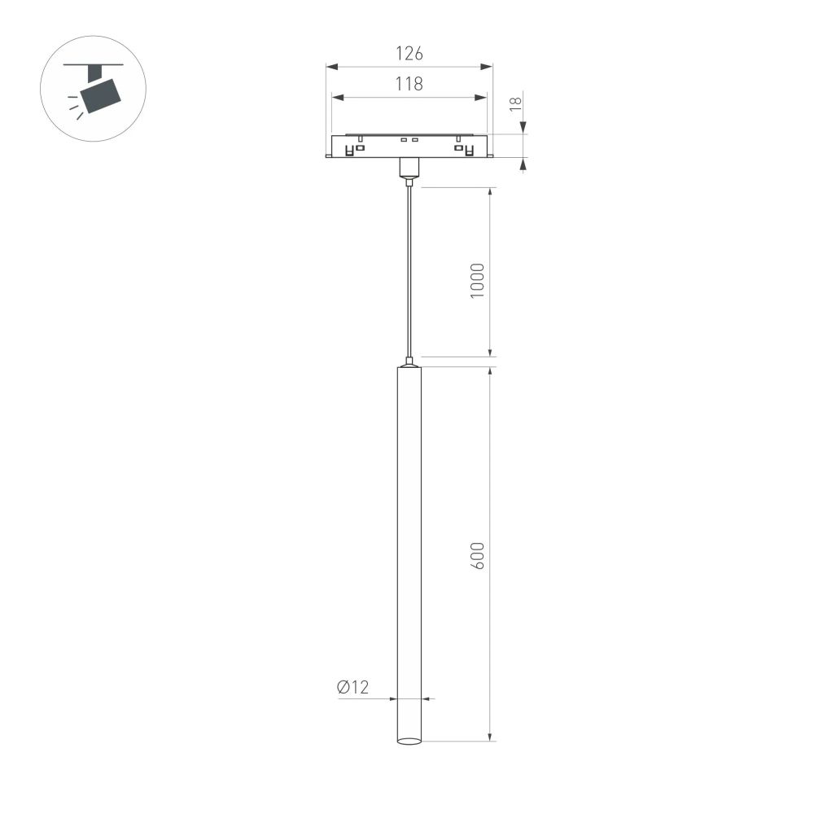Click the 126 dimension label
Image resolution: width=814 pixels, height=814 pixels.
click(x=409, y=55)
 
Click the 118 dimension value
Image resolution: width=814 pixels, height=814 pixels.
click(x=409, y=84)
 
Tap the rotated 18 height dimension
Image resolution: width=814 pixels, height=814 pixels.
click(x=514, y=104)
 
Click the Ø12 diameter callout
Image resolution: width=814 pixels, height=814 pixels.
click(x=352, y=688)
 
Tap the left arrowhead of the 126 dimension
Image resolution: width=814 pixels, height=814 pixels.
click(x=330, y=67)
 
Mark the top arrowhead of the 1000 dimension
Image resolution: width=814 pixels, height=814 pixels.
click(x=490, y=192)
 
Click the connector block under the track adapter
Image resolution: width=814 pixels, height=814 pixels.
click(x=409, y=168)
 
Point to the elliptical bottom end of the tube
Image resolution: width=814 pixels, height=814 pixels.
click(x=409, y=741)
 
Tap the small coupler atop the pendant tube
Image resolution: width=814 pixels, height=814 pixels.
click(x=409, y=361)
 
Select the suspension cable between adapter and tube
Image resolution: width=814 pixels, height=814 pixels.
click(x=409, y=269)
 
